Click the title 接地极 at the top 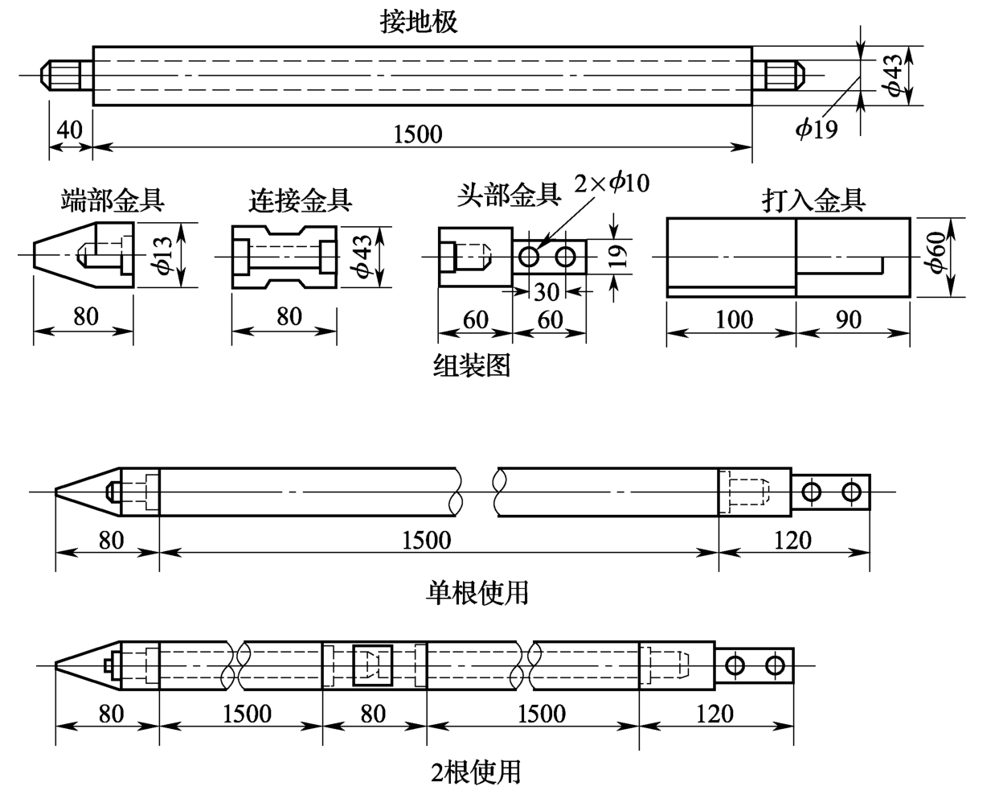[x=419, y=22]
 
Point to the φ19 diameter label [x=816, y=128]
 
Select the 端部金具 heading [x=113, y=200]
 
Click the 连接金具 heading [x=300, y=200]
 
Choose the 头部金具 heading [x=509, y=195]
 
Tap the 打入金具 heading [x=813, y=200]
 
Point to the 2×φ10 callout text [x=612, y=183]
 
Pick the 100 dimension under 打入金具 [x=735, y=319]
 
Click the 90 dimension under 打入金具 [x=849, y=319]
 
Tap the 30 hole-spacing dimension [x=547, y=292]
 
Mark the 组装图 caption [x=472, y=365]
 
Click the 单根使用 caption [x=477, y=593]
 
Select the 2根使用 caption [x=476, y=772]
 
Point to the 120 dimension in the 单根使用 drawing [x=792, y=540]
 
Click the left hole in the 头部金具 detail [x=529, y=256]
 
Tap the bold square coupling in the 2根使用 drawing [x=373, y=665]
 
